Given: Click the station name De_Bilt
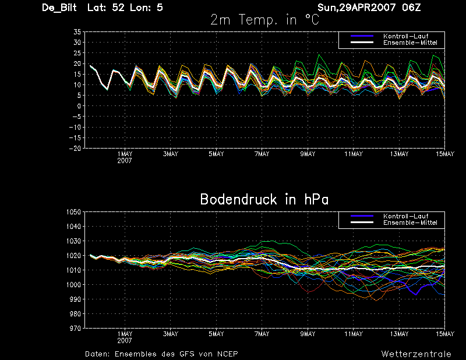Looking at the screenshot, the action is tap(59, 8).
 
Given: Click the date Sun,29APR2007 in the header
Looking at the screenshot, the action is tap(356, 8).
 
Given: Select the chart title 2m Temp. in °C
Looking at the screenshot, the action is tap(265, 20).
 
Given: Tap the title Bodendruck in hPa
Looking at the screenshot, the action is tap(264, 199).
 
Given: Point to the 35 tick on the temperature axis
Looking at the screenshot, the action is tap(77, 32).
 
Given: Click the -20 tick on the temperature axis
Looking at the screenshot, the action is tap(75, 149).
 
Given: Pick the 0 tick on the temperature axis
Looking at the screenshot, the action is tap(79, 106).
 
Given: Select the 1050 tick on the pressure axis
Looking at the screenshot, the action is tap(74, 212).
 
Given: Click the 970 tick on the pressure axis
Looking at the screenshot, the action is tap(75, 329).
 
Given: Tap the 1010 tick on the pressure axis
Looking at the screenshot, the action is tap(74, 270).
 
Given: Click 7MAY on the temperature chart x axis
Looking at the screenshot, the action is tap(262, 154).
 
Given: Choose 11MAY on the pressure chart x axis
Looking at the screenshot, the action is tap(354, 334).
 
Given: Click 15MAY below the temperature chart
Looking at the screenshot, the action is tap(445, 154).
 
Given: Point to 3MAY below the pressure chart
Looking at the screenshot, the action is tap(171, 334).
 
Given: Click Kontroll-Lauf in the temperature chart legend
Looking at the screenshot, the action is tap(405, 36).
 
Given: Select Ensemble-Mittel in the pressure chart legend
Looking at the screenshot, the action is tap(410, 223).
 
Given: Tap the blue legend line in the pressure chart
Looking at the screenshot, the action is tap(362, 216).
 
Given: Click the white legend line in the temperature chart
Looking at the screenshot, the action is tap(362, 43).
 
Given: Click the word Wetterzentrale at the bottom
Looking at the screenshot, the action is tap(416, 354).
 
